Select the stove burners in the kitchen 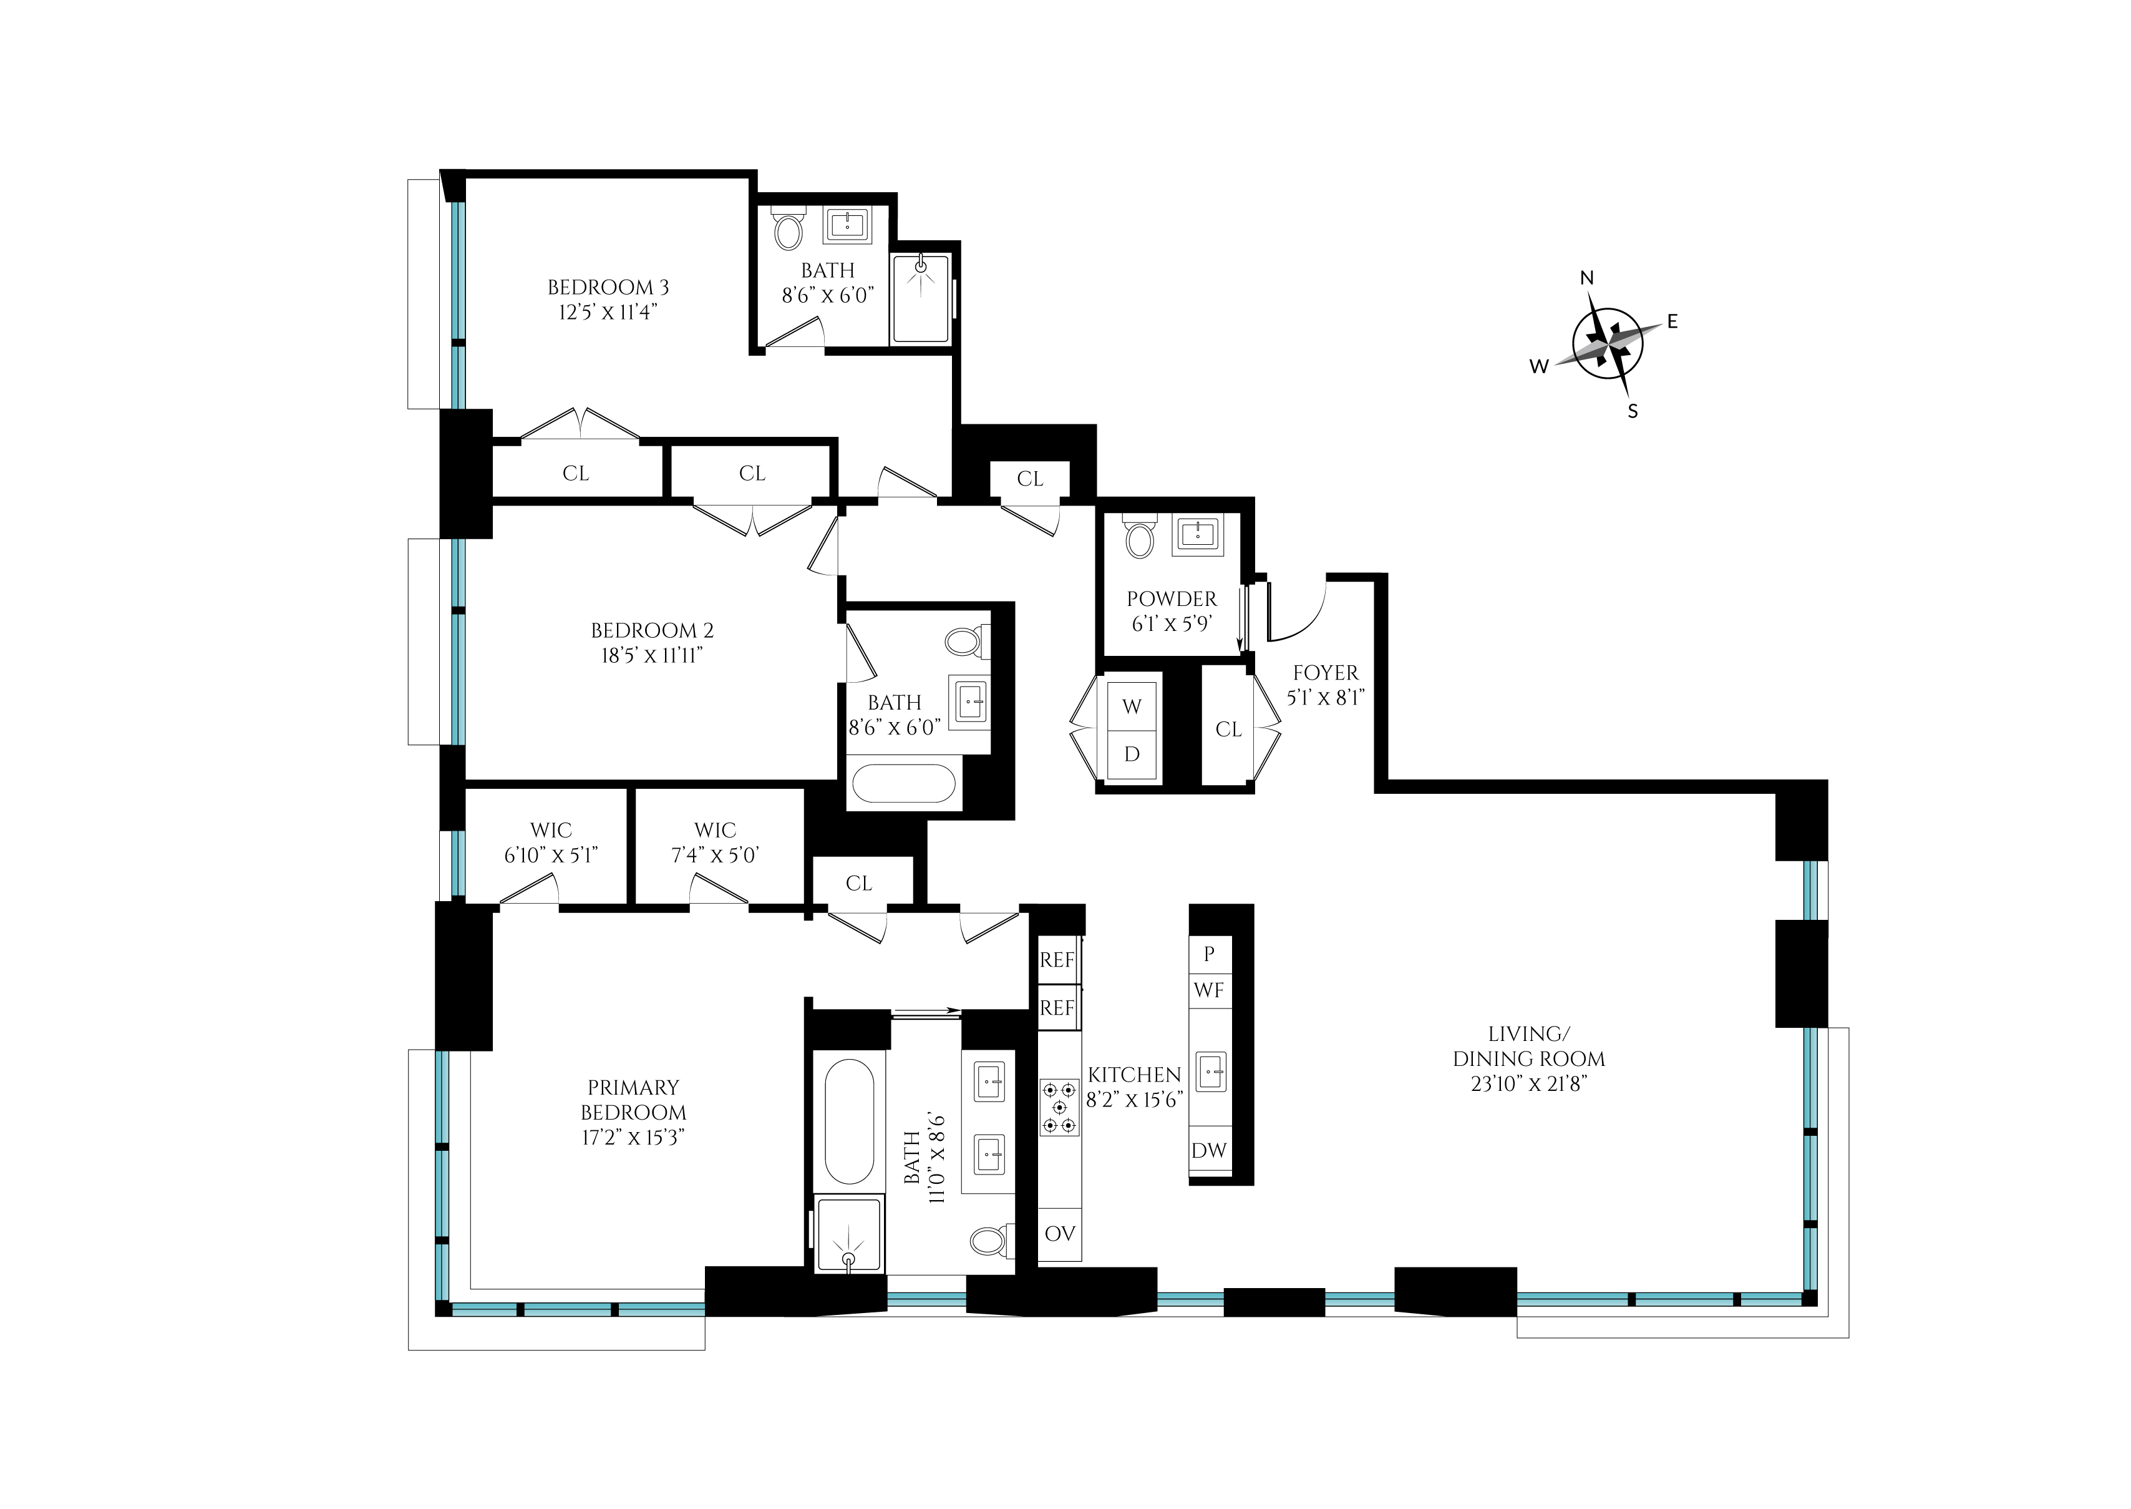pyautogui.click(x=1059, y=1106)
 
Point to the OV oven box pyautogui.click(x=1059, y=1233)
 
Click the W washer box pyautogui.click(x=1132, y=706)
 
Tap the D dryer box pyautogui.click(x=1132, y=754)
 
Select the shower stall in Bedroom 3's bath pyautogui.click(x=921, y=299)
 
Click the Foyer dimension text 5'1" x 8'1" pyautogui.click(x=1324, y=697)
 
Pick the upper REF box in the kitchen pyautogui.click(x=1057, y=960)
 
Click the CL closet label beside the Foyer pyautogui.click(x=1228, y=730)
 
